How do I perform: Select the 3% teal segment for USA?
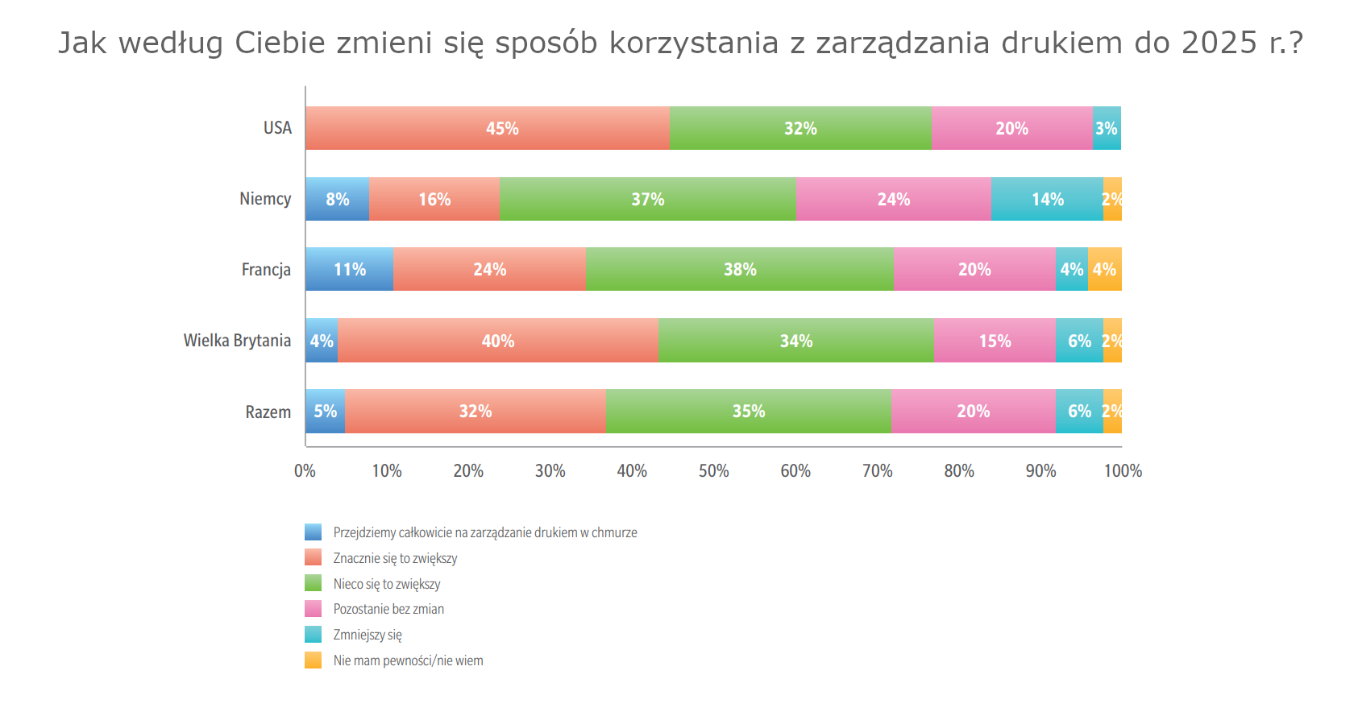(1106, 128)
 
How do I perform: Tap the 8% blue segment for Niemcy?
(337, 199)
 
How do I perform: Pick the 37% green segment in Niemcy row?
(647, 199)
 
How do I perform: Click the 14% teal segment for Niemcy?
(1047, 199)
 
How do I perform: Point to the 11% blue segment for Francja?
(349, 269)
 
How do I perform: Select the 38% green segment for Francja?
(740, 269)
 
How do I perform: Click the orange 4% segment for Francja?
(1104, 269)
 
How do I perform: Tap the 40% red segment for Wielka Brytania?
(498, 341)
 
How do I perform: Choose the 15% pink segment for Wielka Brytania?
(995, 341)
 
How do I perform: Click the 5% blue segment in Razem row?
(325, 412)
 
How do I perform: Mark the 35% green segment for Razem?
(748, 412)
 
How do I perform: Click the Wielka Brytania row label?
(237, 341)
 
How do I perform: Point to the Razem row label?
(268, 412)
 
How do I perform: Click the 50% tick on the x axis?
(713, 471)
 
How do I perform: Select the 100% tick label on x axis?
(1122, 471)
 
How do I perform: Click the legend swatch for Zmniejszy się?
(313, 635)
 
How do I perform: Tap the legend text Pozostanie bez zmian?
(388, 609)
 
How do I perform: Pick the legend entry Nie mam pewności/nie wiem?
(408, 660)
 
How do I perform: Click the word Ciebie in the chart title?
(280, 43)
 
